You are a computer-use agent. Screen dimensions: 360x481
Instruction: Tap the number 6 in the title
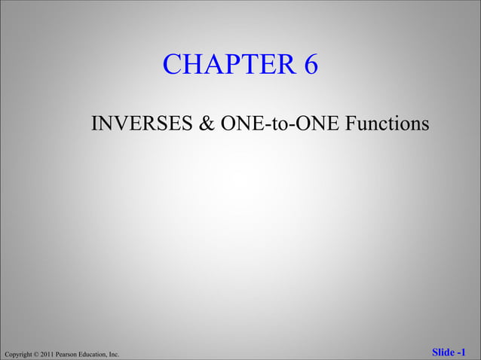click(x=311, y=66)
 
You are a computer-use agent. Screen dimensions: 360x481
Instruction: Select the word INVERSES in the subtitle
click(x=141, y=123)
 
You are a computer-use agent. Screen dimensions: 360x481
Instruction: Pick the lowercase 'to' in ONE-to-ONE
click(x=278, y=124)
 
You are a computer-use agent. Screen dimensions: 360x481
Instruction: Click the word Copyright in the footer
click(x=18, y=353)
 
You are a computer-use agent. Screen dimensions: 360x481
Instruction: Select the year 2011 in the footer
click(x=48, y=353)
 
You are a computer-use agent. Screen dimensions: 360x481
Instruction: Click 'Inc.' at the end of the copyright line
click(x=115, y=353)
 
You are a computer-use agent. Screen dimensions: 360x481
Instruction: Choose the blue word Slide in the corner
click(x=443, y=352)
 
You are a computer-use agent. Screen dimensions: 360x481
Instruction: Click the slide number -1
click(x=461, y=352)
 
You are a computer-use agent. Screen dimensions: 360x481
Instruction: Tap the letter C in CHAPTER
click(x=172, y=66)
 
